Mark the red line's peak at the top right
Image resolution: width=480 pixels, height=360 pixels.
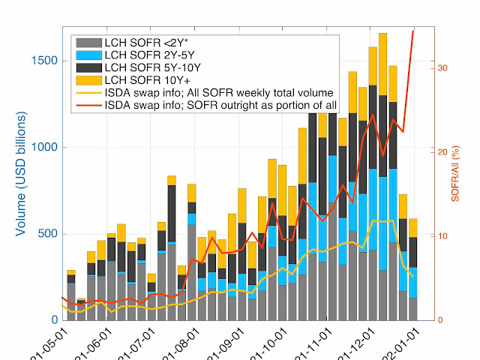(413, 31)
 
